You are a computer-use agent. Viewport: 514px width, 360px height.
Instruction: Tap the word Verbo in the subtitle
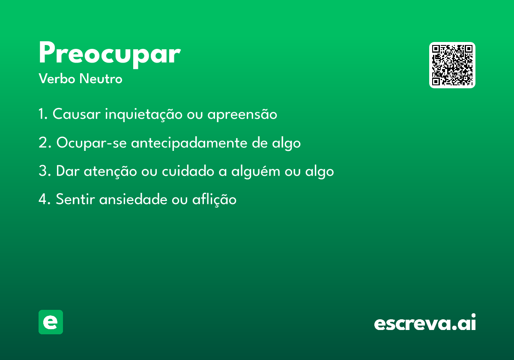pyautogui.click(x=57, y=78)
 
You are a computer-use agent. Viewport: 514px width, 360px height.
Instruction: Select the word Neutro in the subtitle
pyautogui.click(x=101, y=78)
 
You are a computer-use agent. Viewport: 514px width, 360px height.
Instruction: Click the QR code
pyautogui.click(x=452, y=65)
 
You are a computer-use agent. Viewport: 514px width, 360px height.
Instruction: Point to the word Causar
pyautogui.click(x=76, y=114)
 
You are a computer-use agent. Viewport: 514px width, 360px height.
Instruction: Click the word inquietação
pyautogui.click(x=143, y=114)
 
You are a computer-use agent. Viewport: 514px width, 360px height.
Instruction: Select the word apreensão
pyautogui.click(x=242, y=114)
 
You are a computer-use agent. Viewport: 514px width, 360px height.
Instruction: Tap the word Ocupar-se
pyautogui.click(x=92, y=143)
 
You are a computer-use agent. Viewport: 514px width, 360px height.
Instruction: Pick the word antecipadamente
pyautogui.click(x=189, y=143)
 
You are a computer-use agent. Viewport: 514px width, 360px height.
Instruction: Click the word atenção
pyautogui.click(x=110, y=171)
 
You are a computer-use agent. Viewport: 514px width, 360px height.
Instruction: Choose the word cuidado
pyautogui.click(x=188, y=171)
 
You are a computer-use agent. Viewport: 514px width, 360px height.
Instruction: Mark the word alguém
pyautogui.click(x=256, y=171)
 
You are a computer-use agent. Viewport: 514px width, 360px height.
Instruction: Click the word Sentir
pyautogui.click(x=75, y=199)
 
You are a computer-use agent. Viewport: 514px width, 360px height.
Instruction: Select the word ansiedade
pyautogui.click(x=133, y=199)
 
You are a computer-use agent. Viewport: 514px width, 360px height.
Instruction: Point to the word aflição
pyautogui.click(x=214, y=200)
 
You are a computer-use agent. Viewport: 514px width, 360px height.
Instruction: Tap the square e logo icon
pyautogui.click(x=51, y=322)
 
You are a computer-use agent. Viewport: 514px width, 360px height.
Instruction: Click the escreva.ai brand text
pyautogui.click(x=425, y=322)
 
